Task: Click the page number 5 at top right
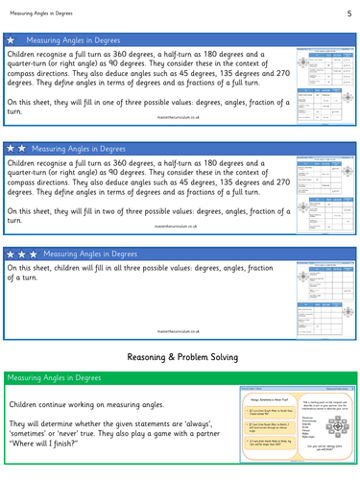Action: click(348, 12)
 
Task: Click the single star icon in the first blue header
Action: click(11, 42)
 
